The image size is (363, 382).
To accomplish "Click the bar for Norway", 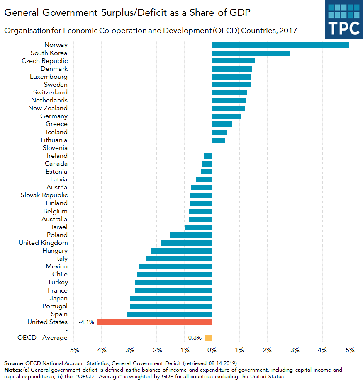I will click(280, 45).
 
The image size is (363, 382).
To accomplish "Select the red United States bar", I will click(154, 322).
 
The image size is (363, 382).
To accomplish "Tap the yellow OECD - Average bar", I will click(208, 338).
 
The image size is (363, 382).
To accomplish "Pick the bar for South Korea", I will click(251, 53).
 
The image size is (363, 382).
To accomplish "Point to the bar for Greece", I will click(222, 124).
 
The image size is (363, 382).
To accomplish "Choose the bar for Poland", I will click(190, 235).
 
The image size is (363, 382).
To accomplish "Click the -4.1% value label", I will click(86, 322).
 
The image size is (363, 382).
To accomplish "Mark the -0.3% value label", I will click(194, 338).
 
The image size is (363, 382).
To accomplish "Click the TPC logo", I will click(344, 19).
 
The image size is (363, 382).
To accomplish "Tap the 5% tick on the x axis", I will click(350, 350).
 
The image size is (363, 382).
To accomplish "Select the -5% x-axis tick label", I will click(74, 350).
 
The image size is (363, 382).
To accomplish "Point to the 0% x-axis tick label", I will click(212, 350).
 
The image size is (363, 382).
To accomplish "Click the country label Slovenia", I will click(55, 148).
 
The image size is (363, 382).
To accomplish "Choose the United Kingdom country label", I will click(43, 243).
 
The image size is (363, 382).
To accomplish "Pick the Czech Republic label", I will click(44, 61).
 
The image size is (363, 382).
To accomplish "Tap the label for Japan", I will click(58, 298).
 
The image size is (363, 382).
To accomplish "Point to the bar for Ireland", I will click(208, 156).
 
